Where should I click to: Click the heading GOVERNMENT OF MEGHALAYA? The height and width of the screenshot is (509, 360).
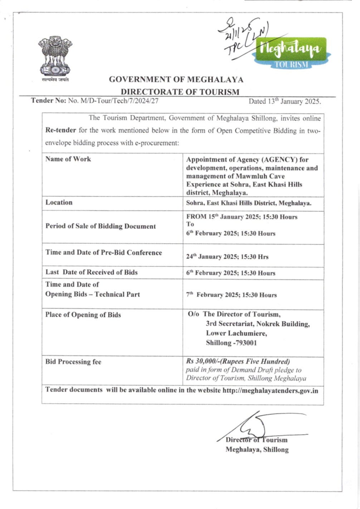click(176, 79)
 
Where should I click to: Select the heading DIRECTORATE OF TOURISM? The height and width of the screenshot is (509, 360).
click(180, 92)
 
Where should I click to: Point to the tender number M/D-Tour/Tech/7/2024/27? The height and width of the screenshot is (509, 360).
click(113, 101)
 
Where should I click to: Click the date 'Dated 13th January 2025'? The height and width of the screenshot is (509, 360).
click(284, 101)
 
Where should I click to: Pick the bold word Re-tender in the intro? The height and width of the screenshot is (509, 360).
click(60, 130)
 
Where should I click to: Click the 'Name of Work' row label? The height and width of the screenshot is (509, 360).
click(68, 159)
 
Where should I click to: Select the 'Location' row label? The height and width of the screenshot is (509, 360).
click(59, 203)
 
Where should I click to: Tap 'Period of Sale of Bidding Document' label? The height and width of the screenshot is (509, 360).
click(101, 226)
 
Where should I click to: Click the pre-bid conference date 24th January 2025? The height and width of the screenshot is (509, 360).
click(227, 257)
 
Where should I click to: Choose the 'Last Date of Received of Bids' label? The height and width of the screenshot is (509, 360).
click(91, 272)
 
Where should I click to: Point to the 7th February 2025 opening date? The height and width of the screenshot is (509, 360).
click(231, 295)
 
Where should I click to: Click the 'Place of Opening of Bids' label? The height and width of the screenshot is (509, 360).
click(83, 315)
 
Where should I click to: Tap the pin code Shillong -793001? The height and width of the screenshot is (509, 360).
click(231, 343)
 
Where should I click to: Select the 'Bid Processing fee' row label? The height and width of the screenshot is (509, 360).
click(73, 362)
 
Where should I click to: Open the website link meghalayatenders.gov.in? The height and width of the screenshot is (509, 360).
click(270, 390)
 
